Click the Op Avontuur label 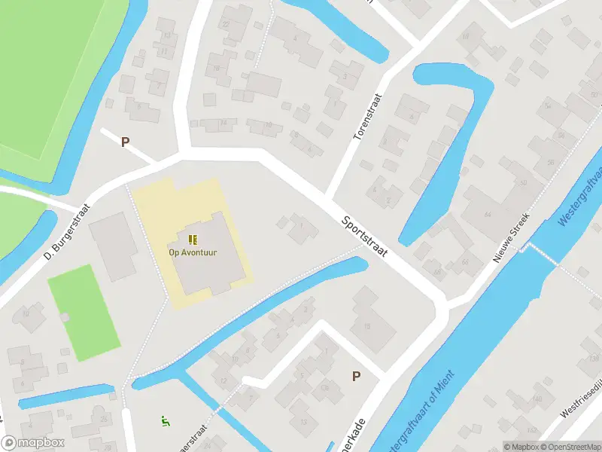coord(193,252)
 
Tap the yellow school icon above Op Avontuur coord(193,240)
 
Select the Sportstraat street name coord(364,237)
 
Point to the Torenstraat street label coord(368,116)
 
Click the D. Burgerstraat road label coord(68,233)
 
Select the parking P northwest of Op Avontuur coord(125,142)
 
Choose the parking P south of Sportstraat coord(355,377)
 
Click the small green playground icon coord(166,420)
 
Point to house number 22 coord(226,25)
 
